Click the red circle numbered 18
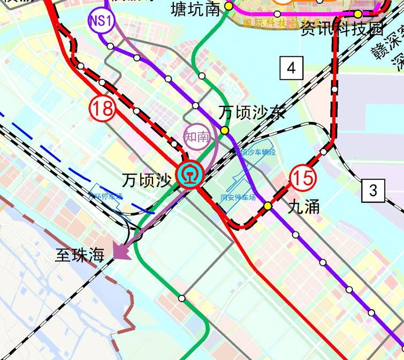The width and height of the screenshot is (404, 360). pos(102,109)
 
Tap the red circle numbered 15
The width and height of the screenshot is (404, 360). pos(303,178)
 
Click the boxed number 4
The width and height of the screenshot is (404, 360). pos(292,68)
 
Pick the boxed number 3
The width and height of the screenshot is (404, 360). pos(373,190)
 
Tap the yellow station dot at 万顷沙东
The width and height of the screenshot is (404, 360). pos(225,131)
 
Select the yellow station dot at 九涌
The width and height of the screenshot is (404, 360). pos(268,206)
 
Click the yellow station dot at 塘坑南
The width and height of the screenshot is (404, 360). pos(228,6)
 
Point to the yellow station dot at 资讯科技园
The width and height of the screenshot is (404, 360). pos(357,14)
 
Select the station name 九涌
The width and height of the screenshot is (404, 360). pos(304,206)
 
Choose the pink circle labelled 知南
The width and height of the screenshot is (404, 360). pos(196,137)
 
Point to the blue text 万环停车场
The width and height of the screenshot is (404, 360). pos(106,196)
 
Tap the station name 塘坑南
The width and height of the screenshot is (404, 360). pos(196,9)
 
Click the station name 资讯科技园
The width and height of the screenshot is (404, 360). pos(342,28)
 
